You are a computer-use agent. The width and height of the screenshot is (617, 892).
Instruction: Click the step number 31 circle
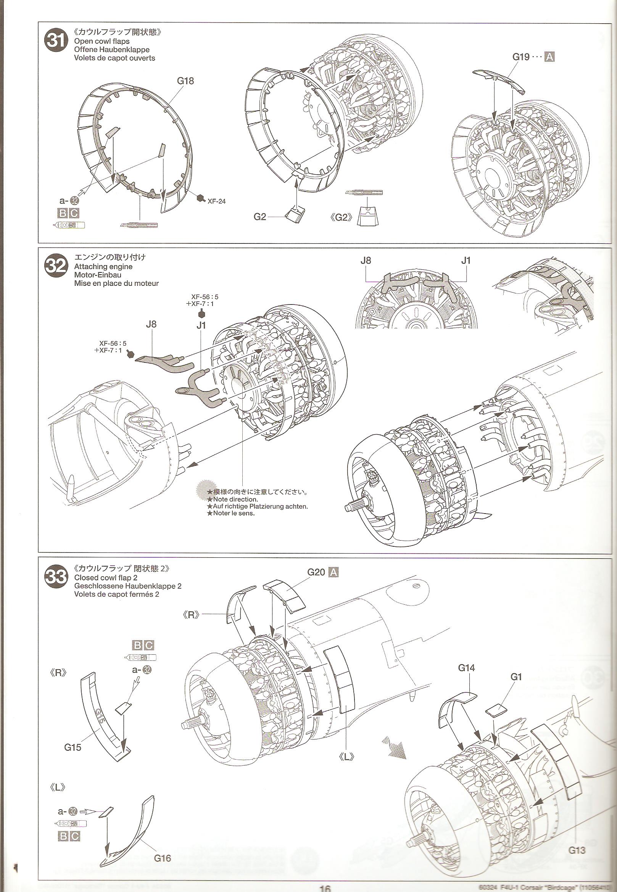click(56, 42)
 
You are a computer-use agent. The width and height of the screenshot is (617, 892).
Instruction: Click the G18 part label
click(185, 81)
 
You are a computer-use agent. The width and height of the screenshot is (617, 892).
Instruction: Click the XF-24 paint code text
click(216, 201)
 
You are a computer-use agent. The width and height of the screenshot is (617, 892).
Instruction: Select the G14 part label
click(466, 667)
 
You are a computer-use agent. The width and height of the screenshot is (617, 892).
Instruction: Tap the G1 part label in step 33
click(516, 676)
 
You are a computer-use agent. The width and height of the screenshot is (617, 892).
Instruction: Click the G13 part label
click(577, 814)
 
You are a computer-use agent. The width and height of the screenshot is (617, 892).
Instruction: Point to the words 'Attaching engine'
click(103, 266)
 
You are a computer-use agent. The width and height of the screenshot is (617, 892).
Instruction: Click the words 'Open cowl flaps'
click(101, 41)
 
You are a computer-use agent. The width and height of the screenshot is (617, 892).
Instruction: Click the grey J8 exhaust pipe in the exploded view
click(163, 361)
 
